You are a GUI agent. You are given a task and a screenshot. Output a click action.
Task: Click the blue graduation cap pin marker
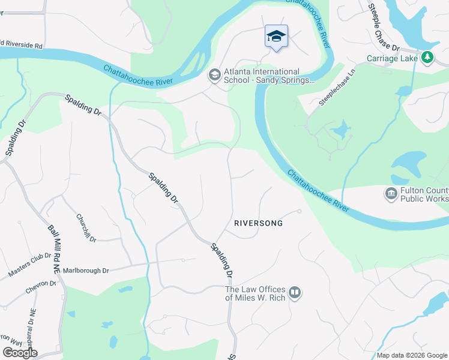(276, 37)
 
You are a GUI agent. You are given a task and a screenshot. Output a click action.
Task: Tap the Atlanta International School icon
(214, 75)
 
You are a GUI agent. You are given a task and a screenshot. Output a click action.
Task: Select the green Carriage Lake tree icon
(427, 58)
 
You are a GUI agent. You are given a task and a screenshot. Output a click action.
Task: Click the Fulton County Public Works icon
(391, 194)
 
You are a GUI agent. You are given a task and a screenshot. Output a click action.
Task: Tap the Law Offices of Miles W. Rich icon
(294, 293)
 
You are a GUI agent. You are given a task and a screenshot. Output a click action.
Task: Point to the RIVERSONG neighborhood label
(259, 223)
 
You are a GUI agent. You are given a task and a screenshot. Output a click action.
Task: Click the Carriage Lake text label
(393, 58)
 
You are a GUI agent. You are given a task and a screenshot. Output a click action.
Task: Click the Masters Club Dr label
(30, 265)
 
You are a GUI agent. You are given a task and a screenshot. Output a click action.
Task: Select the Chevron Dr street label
(40, 287)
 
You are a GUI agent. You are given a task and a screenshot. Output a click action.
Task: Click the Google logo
(20, 353)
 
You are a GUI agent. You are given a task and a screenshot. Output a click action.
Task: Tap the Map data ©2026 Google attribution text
(412, 355)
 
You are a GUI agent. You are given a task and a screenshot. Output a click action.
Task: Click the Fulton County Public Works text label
(425, 194)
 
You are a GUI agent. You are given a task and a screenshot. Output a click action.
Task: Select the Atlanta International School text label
(269, 75)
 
